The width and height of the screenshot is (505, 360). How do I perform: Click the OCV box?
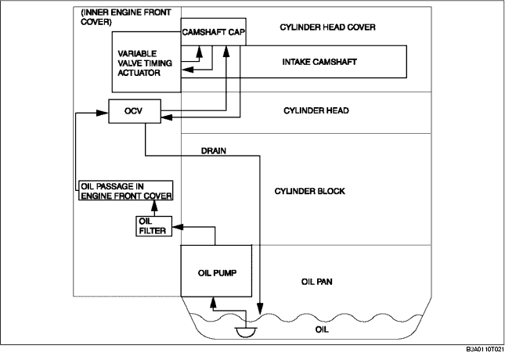pos(135,111)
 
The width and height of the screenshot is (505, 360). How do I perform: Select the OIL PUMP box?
pos(216,271)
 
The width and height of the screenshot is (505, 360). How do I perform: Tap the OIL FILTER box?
pos(154,226)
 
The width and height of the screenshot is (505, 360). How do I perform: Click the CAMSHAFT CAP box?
pos(214,32)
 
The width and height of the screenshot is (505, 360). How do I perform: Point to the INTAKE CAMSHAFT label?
pos(319,62)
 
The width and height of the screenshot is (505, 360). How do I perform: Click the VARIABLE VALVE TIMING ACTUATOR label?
pos(145,63)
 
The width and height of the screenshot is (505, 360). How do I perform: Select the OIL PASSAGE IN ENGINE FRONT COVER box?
pos(125,191)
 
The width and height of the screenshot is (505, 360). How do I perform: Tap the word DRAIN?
pos(214,151)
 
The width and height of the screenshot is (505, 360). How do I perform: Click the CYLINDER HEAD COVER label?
pos(327,27)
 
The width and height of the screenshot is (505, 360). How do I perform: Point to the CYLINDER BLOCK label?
pos(309,191)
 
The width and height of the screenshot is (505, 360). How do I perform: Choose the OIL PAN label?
pos(317,282)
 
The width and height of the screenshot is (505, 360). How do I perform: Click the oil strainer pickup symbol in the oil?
pos(247,332)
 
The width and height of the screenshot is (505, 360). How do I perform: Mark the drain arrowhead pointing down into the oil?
pos(260,308)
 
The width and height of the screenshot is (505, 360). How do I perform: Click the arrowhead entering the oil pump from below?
pos(212,301)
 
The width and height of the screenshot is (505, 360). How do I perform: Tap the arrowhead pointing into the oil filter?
pos(178,227)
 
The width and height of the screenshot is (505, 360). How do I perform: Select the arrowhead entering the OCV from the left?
pos(103,113)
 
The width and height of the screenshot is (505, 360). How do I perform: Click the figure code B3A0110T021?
pos(485,349)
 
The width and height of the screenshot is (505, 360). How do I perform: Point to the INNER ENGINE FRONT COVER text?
pos(126,17)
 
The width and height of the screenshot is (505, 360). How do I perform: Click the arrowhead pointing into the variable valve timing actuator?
pos(188,69)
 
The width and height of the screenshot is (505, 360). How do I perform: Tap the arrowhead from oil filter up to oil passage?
pos(154,205)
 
